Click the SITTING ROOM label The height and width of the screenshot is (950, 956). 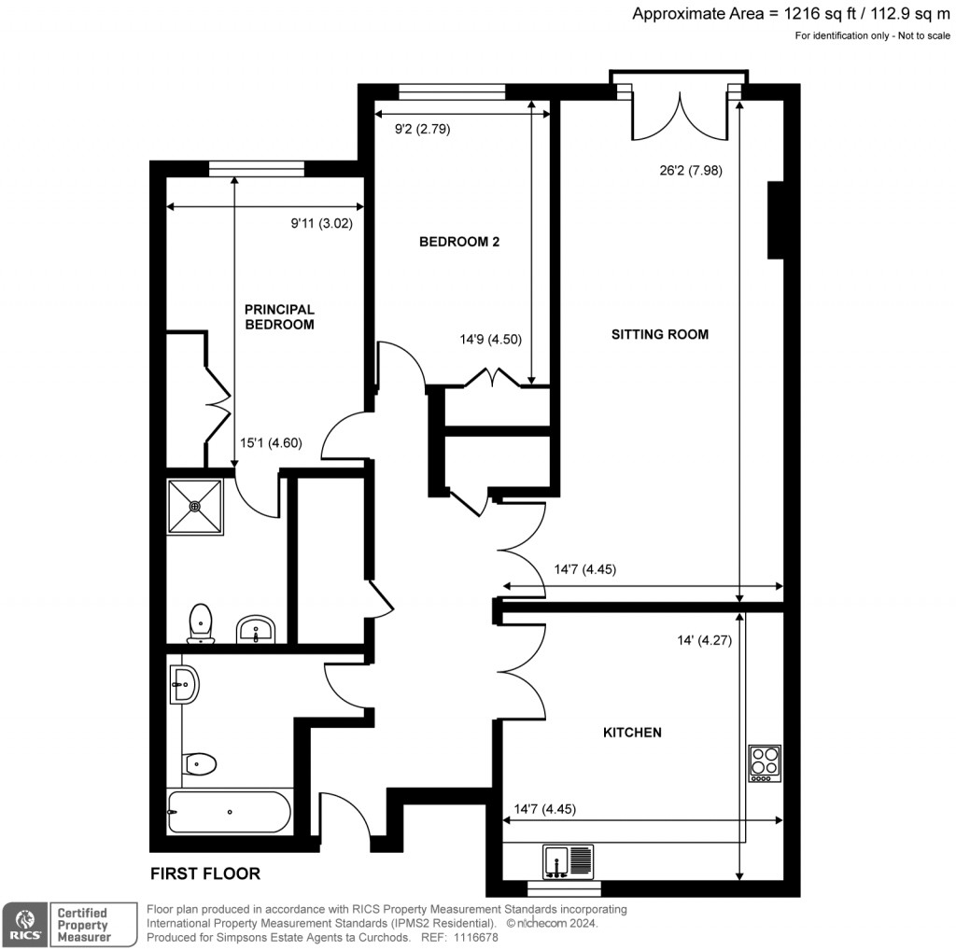(659, 334)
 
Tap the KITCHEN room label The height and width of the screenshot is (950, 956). (632, 733)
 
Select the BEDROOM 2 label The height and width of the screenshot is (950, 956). (459, 242)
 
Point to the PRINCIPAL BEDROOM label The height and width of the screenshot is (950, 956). (279, 317)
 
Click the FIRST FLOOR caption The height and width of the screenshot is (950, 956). (205, 874)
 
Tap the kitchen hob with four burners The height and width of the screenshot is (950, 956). (765, 763)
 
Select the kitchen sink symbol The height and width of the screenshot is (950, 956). (568, 861)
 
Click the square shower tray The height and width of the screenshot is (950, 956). (195, 507)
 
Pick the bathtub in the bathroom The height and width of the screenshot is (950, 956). (230, 812)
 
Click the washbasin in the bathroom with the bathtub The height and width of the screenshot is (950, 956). (184, 685)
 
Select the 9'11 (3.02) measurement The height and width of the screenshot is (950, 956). (320, 223)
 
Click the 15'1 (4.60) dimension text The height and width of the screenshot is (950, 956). (270, 444)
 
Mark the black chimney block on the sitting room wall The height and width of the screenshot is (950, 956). (775, 219)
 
